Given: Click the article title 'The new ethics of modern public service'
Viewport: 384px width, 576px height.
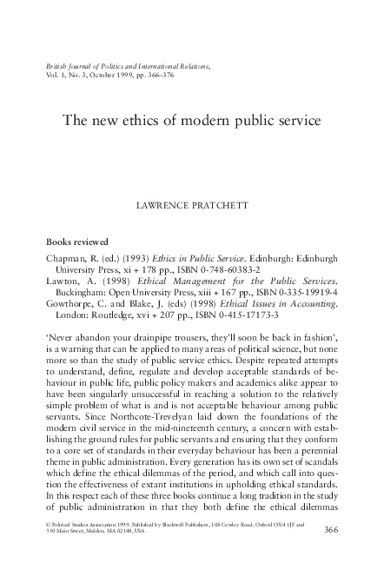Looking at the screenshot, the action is (192, 121).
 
